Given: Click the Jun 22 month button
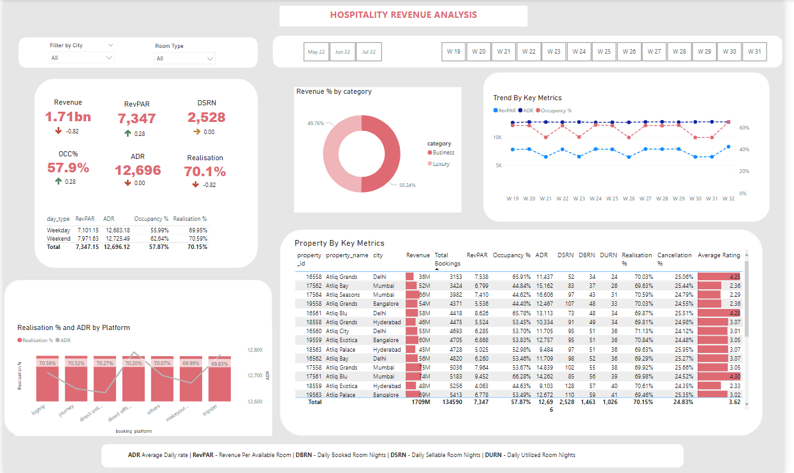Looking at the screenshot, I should click(x=342, y=52).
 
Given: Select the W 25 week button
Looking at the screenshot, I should click(x=604, y=52).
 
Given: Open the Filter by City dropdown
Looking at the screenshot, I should click(x=82, y=58).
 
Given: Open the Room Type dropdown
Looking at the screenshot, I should click(x=185, y=59).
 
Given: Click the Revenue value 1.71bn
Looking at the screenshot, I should click(x=68, y=117).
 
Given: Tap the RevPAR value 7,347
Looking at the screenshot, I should click(x=136, y=119).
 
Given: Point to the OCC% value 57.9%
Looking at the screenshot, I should click(x=68, y=168).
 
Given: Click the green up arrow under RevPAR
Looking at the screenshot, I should click(x=128, y=133).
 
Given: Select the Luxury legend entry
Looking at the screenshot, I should click(x=441, y=164).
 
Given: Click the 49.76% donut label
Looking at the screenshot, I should click(x=316, y=123).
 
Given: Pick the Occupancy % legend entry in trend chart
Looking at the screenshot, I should click(x=555, y=110).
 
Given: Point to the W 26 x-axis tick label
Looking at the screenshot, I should click(x=629, y=199).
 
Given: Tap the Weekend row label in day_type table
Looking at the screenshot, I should click(x=59, y=238).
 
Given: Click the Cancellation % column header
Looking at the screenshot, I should click(x=674, y=259).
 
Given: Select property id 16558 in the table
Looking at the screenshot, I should click(x=314, y=277).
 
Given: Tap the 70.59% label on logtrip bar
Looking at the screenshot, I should click(x=47, y=363).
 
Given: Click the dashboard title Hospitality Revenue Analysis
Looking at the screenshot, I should click(x=403, y=15).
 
